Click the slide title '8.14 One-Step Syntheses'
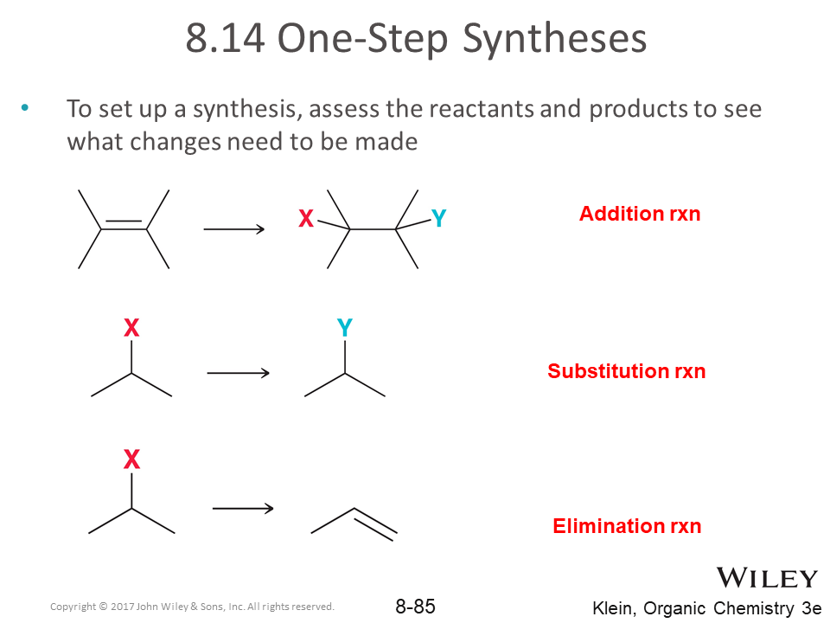[x=416, y=40]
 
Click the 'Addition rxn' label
[x=640, y=214]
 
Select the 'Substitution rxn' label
[x=626, y=371]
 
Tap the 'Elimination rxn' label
[x=627, y=526]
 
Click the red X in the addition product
[x=306, y=220]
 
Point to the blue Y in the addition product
[x=438, y=220]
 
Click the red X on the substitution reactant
[x=131, y=328]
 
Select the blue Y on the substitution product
[x=344, y=328]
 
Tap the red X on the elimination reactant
[x=131, y=459]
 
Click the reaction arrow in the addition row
[x=233, y=229]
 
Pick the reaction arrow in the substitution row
[x=238, y=373]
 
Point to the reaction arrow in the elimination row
[x=242, y=508]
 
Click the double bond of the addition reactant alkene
[x=124, y=226]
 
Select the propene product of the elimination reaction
[x=354, y=522]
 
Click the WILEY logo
[x=766, y=578]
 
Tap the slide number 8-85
[x=415, y=607]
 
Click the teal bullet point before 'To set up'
[x=24, y=108]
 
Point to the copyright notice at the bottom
[x=192, y=607]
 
